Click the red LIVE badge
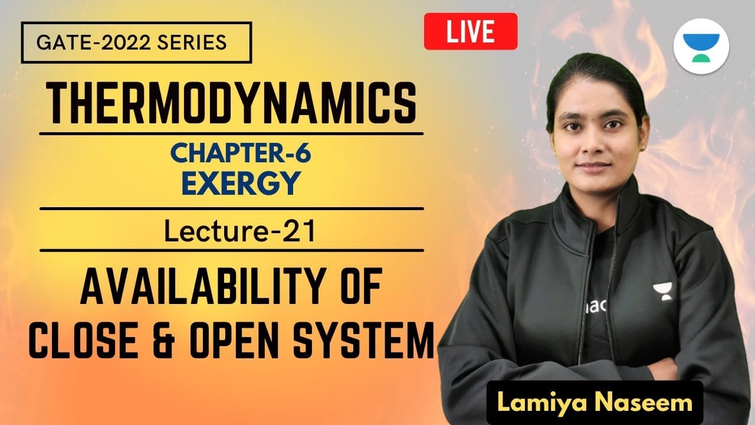point(470,31)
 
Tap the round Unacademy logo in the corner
point(701,46)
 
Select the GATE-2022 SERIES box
point(136,42)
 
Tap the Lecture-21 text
point(239,231)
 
